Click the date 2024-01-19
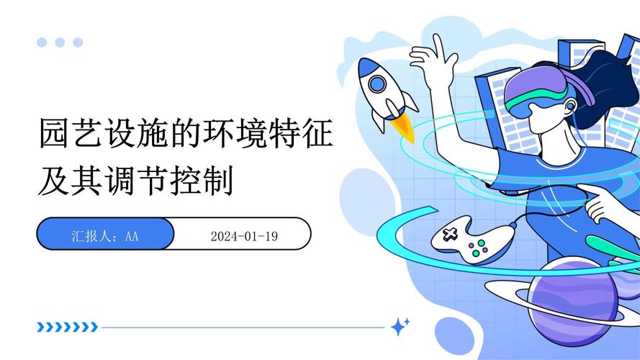pos(244,235)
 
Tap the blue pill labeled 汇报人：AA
pos(105,235)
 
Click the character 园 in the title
pos(53,134)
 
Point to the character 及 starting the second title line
pos(53,180)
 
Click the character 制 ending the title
pos(219,180)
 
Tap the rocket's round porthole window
pos(377,84)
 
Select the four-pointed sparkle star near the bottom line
pos(400,327)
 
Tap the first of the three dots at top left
pos(42,42)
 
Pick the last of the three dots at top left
pos(78,42)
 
